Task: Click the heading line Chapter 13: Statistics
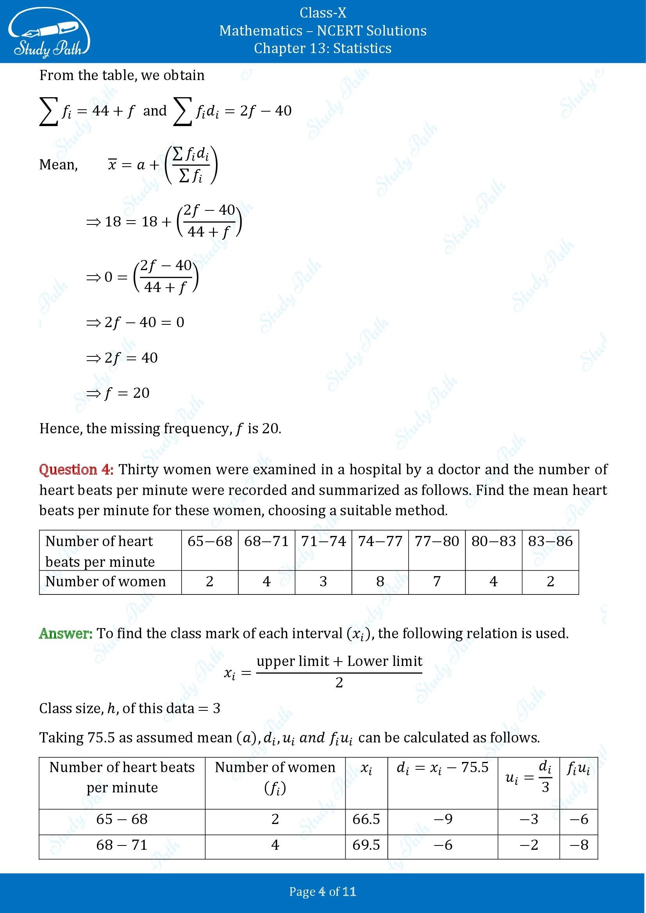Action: click(323, 48)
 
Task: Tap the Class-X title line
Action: click(323, 13)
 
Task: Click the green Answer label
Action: click(66, 634)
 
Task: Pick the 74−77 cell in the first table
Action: click(380, 541)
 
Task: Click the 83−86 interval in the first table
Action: click(550, 541)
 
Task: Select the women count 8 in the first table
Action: click(380, 581)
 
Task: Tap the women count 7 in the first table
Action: click(437, 581)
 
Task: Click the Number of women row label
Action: click(105, 581)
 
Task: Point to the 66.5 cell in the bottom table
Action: click(366, 819)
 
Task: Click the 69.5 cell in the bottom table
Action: click(366, 845)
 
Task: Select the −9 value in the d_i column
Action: click(443, 819)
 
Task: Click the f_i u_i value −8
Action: click(579, 845)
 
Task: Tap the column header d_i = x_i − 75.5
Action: click(443, 767)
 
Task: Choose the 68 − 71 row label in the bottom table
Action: click(122, 845)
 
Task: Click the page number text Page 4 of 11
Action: click(323, 892)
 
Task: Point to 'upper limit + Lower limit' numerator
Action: click(339, 661)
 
